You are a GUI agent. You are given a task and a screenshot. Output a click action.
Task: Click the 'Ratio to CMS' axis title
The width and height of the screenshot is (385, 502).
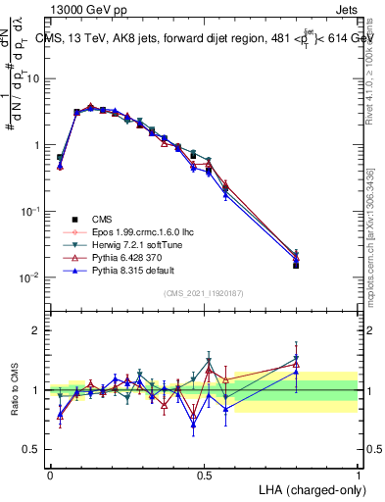tap(14, 391)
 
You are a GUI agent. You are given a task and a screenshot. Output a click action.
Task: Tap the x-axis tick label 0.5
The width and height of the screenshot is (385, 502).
tap(204, 474)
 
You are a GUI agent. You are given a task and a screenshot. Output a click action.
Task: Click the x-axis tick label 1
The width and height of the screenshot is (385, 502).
tap(358, 474)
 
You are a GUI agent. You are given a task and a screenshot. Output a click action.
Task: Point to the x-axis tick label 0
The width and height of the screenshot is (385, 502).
tap(50, 474)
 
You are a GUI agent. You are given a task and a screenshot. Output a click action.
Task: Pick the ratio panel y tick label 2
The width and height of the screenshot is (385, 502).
tap(37, 330)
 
